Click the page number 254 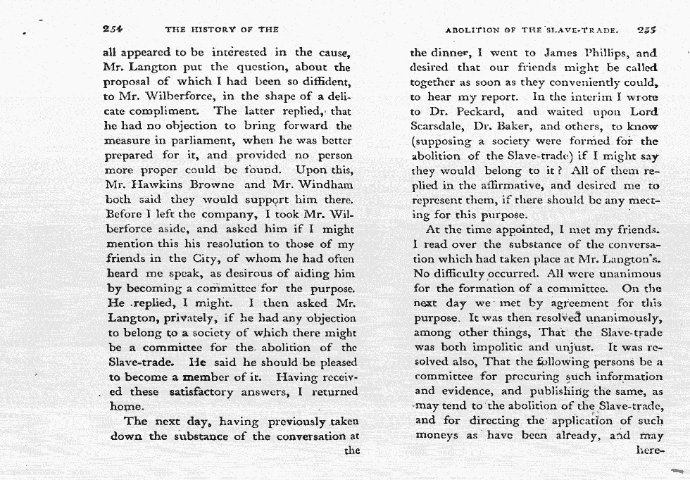113,30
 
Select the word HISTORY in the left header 213,30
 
